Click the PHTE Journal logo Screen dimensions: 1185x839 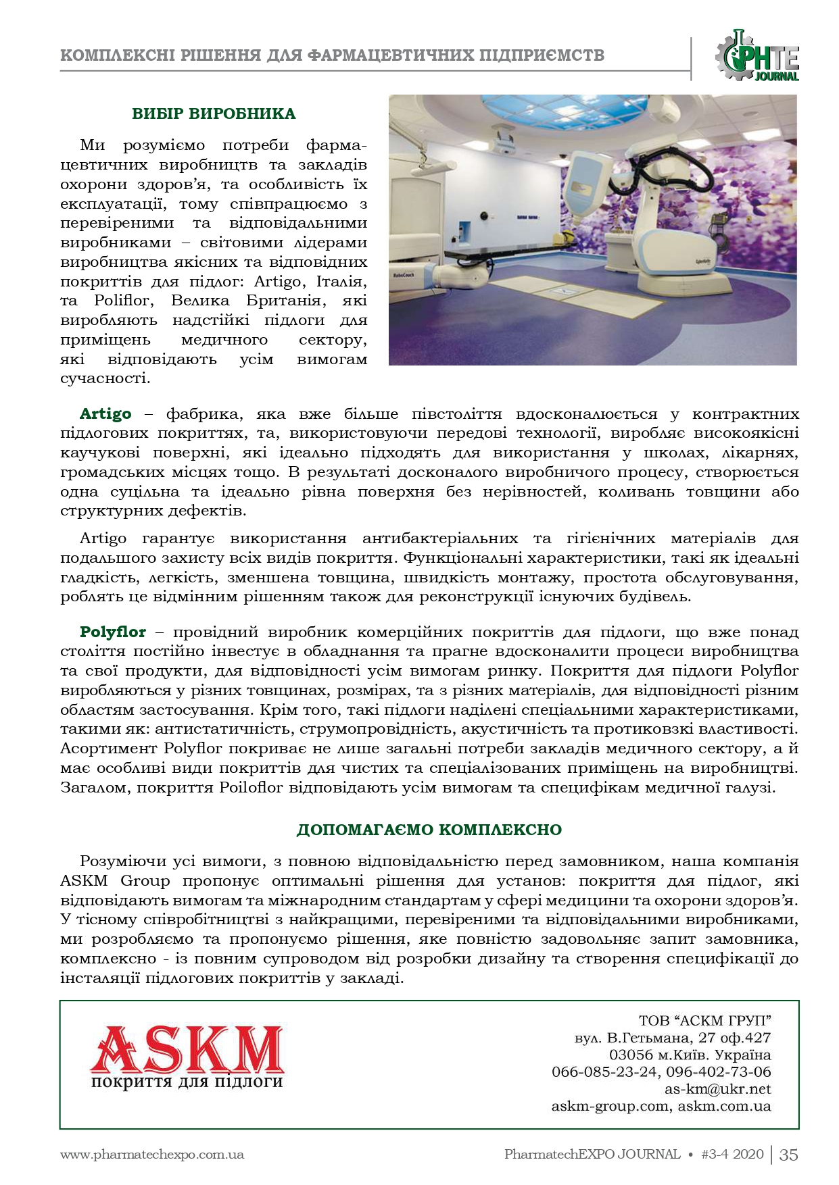(x=757, y=56)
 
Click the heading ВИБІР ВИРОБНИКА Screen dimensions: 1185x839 (x=214, y=114)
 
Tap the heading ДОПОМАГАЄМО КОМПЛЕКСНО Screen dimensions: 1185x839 (x=429, y=830)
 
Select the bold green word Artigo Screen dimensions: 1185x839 (x=105, y=413)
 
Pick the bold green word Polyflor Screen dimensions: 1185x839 (x=113, y=632)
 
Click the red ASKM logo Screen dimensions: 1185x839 (x=187, y=1049)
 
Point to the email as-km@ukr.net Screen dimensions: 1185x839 (x=717, y=1089)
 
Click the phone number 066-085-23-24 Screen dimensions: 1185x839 (x=604, y=1071)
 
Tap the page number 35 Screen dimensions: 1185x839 (x=788, y=1155)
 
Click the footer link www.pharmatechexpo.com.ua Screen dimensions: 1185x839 (x=152, y=1155)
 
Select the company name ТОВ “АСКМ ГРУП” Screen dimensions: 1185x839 (x=704, y=1020)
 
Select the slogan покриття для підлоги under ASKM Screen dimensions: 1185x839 (x=187, y=1082)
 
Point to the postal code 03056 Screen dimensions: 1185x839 (x=631, y=1055)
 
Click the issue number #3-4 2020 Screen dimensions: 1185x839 (x=733, y=1155)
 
